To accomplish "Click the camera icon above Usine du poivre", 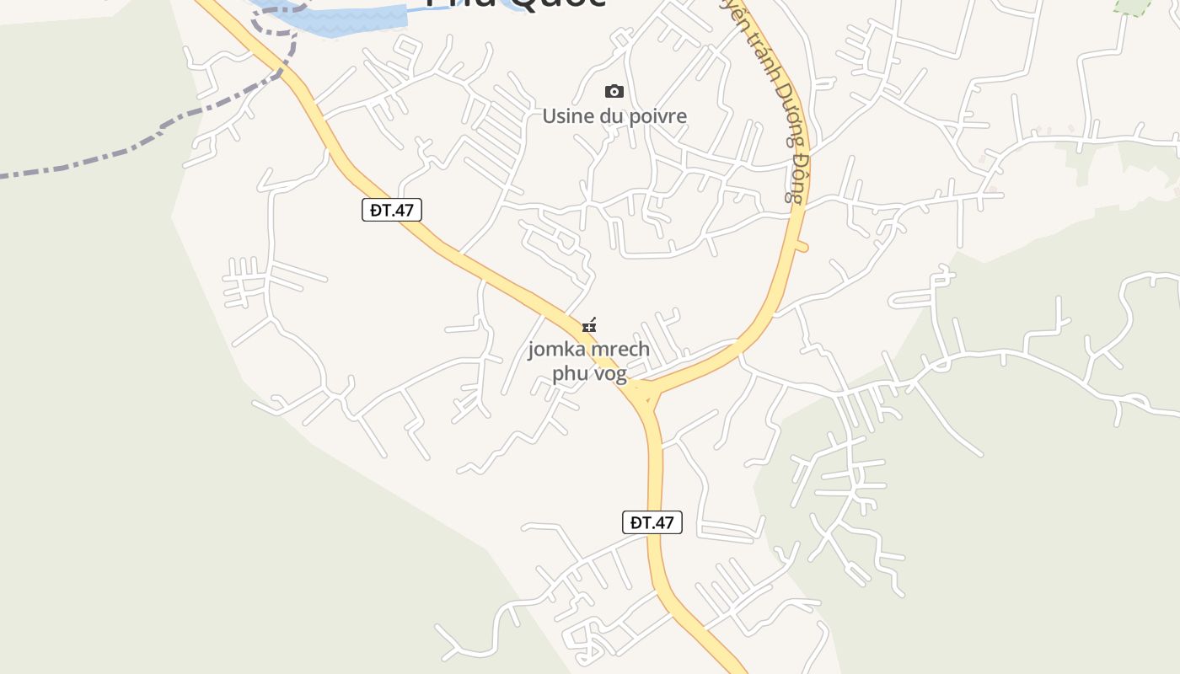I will click(x=614, y=91).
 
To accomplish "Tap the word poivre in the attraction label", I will click(x=655, y=116).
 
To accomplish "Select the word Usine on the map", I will click(x=562, y=116).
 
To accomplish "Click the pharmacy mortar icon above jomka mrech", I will click(x=589, y=325).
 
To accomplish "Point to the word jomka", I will click(x=555, y=349).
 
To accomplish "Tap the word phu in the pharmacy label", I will click(x=569, y=373).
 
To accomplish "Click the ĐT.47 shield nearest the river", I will click(x=392, y=210).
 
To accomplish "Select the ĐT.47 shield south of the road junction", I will click(x=652, y=522).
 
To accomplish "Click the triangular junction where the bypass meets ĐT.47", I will click(x=647, y=394).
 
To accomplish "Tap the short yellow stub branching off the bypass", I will click(x=800, y=246).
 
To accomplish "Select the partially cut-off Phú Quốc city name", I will click(x=514, y=3).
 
